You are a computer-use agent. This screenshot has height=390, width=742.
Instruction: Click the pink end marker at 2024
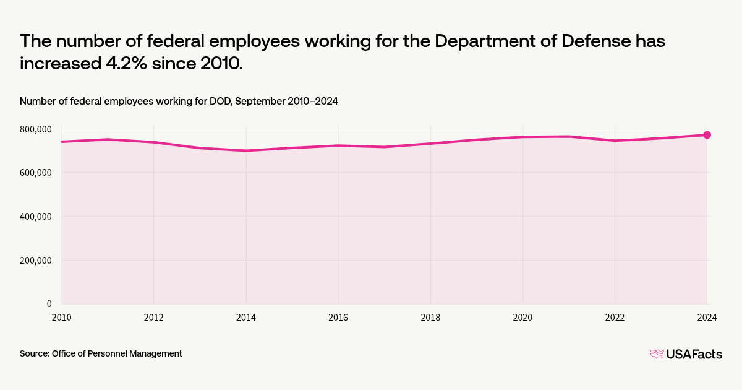pos(707,135)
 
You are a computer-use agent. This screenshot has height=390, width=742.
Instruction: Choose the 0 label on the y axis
pos(49,304)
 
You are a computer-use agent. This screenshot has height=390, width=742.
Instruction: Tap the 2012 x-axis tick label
pos(153,318)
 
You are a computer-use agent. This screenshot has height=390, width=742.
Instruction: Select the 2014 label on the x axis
pos(246,318)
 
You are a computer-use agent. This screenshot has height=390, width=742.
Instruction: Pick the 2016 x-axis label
pos(338,318)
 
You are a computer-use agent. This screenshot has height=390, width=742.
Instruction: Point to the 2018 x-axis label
pos(430,318)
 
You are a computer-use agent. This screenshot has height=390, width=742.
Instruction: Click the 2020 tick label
pos(522,318)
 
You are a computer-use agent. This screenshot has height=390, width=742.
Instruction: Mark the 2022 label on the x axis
pos(615,318)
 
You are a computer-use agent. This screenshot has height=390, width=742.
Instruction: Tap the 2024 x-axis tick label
pos(707,318)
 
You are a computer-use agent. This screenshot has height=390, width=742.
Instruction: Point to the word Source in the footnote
pos(34,353)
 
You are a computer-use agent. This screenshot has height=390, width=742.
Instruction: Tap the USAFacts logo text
pos(694,354)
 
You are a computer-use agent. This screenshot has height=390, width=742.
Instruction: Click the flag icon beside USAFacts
pos(657,354)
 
